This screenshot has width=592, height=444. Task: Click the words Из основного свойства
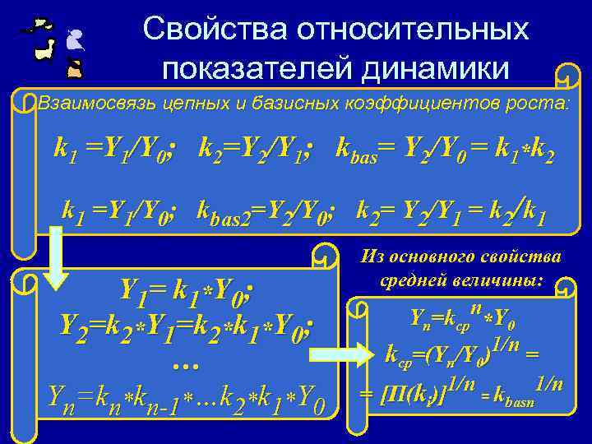click(x=461, y=258)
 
